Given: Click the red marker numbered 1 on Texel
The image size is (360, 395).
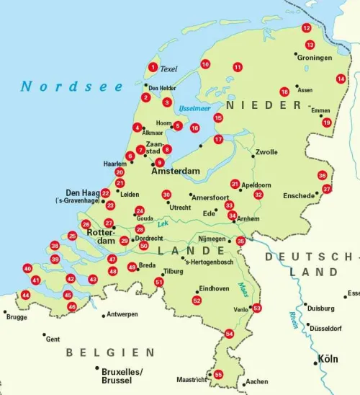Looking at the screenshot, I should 152,68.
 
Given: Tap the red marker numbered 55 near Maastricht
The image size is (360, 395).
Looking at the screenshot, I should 218,374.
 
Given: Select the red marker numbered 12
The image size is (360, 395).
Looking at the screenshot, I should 306,28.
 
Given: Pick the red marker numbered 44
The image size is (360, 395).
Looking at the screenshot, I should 25,295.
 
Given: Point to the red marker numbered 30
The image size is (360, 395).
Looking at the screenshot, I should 166,195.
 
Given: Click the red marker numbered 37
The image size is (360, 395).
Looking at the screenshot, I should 326,189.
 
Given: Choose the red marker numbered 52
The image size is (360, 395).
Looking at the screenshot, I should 197,300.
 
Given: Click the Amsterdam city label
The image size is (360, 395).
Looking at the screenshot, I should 174,173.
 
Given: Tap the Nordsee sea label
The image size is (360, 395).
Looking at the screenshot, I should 72,86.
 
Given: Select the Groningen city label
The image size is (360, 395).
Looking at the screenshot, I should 315,57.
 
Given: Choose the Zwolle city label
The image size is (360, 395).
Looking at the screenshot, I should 266,152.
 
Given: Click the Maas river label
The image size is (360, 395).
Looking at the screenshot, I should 244,285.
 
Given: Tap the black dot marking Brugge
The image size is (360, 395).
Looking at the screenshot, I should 6,311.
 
